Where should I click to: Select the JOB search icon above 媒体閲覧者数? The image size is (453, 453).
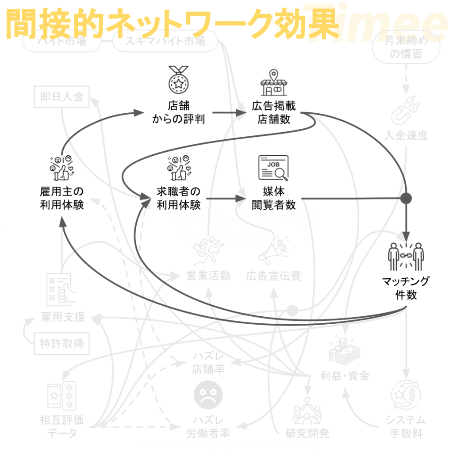(273, 169)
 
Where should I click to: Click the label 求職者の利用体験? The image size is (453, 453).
(179, 198)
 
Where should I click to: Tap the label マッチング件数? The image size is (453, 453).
(406, 288)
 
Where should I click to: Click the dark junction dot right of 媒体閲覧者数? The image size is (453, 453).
(406, 198)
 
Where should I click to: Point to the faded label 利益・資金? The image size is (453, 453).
(345, 376)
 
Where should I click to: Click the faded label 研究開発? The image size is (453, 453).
(307, 433)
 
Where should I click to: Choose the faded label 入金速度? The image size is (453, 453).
(406, 135)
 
